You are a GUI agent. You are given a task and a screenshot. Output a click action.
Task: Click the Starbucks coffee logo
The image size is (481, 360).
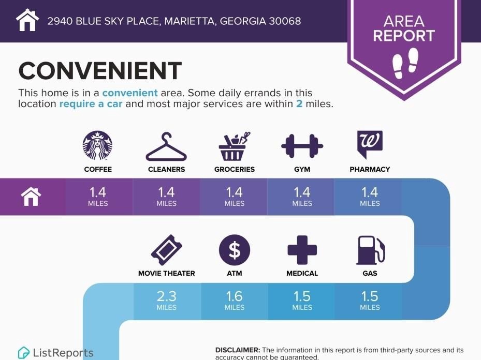[97, 145]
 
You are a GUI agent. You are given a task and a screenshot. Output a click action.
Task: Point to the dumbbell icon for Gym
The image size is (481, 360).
[302, 146]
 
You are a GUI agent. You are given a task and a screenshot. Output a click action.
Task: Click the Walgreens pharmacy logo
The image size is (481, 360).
[370, 144]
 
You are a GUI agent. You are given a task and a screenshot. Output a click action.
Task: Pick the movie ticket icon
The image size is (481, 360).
[167, 250]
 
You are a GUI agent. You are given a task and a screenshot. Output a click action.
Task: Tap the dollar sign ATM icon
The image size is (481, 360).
[235, 250]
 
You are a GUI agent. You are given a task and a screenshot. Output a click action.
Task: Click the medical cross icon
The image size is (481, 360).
[302, 250]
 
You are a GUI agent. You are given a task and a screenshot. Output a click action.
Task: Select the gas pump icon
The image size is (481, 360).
[370, 250]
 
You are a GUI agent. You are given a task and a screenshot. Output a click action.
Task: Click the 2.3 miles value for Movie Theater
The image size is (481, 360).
[167, 300]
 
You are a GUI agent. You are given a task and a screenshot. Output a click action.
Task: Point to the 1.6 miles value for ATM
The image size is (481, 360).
[235, 300]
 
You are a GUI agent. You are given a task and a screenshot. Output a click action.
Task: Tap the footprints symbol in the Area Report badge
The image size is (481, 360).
[405, 63]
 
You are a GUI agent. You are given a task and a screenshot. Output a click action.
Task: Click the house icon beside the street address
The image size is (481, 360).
[27, 20]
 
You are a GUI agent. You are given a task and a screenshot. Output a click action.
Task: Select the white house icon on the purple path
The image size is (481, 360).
[31, 197]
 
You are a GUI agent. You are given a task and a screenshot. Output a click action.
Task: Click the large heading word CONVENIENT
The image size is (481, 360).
[100, 71]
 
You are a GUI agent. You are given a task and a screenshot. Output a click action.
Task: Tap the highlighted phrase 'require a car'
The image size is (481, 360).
[91, 104]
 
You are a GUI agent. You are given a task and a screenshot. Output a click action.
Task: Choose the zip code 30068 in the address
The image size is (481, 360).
[285, 21]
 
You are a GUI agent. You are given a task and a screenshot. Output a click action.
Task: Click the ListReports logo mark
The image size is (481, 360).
[23, 353]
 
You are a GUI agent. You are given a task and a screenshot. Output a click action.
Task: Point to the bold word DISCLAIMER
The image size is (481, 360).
[238, 350]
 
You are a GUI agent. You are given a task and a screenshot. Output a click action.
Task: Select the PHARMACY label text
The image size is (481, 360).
[370, 170]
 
